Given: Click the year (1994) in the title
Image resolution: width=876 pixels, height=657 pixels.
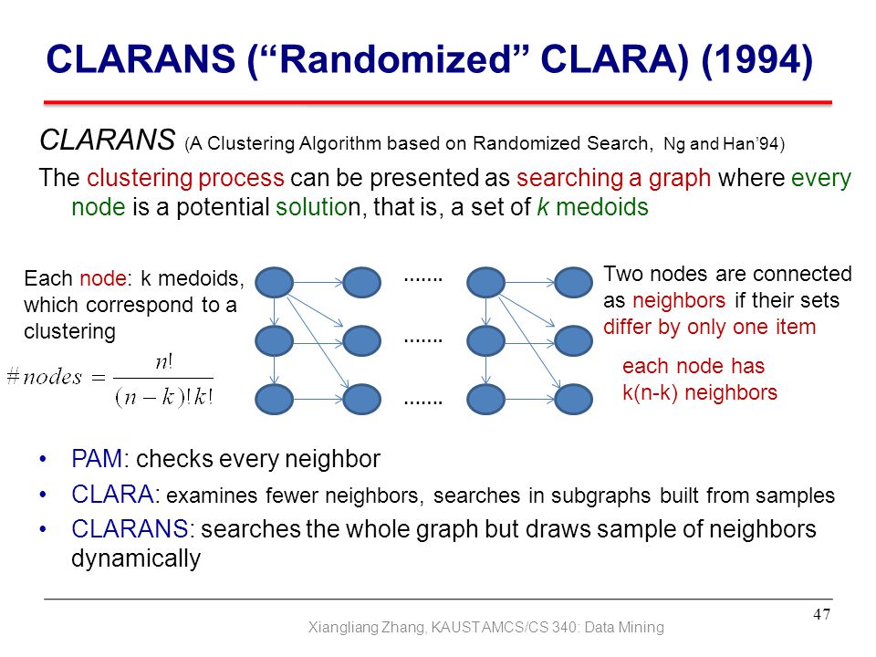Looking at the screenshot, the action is coord(757,59).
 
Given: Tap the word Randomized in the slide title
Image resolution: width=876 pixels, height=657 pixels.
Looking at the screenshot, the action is coord(394,58).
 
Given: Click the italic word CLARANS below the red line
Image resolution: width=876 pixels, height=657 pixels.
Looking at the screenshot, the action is coord(108,140).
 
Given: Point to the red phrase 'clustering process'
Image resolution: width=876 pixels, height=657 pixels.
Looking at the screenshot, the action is coord(185,178).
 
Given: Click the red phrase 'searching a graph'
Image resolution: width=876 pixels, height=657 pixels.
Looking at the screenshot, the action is coord(613,178).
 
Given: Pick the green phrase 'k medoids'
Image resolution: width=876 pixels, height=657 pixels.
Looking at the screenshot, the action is coord(592,207).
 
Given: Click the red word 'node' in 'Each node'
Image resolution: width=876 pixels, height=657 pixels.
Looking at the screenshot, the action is coord(103,278).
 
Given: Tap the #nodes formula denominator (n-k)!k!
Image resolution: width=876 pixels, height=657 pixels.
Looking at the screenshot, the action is coord(163,397).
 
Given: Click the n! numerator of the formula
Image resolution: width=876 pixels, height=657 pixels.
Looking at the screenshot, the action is coord(163,363).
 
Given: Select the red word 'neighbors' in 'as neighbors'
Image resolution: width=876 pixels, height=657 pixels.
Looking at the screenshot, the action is coord(679,300).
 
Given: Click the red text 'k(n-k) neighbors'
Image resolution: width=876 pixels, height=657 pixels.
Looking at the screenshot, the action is coord(700,392).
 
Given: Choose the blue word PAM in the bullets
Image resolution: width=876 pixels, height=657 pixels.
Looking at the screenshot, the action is coord(97,459).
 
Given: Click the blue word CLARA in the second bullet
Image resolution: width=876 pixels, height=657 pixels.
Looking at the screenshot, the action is coord(112,495).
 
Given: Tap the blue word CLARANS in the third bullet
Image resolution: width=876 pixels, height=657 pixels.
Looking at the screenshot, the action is coord(130,529).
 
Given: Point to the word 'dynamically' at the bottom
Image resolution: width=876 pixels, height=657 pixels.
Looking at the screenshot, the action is coord(136,558).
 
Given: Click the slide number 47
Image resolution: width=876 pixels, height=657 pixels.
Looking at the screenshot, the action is coord(821,614).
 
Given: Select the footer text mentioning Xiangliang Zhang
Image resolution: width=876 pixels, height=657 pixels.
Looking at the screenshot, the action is coord(486,628).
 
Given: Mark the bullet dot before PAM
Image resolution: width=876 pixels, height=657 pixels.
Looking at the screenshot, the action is coord(43,460).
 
